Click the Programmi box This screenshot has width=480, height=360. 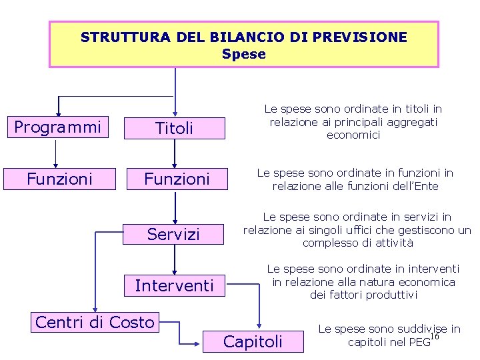tap(57, 127)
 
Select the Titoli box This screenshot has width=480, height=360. tap(174, 128)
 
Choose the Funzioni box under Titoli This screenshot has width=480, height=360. tap(177, 179)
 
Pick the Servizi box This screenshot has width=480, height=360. tap(173, 234)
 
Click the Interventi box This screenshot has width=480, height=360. tap(174, 286)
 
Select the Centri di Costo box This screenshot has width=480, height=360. tap(95, 323)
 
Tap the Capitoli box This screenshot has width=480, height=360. tap(253, 342)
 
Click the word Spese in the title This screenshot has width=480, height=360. tap(243, 54)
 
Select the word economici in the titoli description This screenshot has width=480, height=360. tap(353, 135)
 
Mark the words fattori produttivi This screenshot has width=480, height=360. tap(363, 295)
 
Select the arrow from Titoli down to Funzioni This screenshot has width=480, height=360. tap(175, 153)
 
